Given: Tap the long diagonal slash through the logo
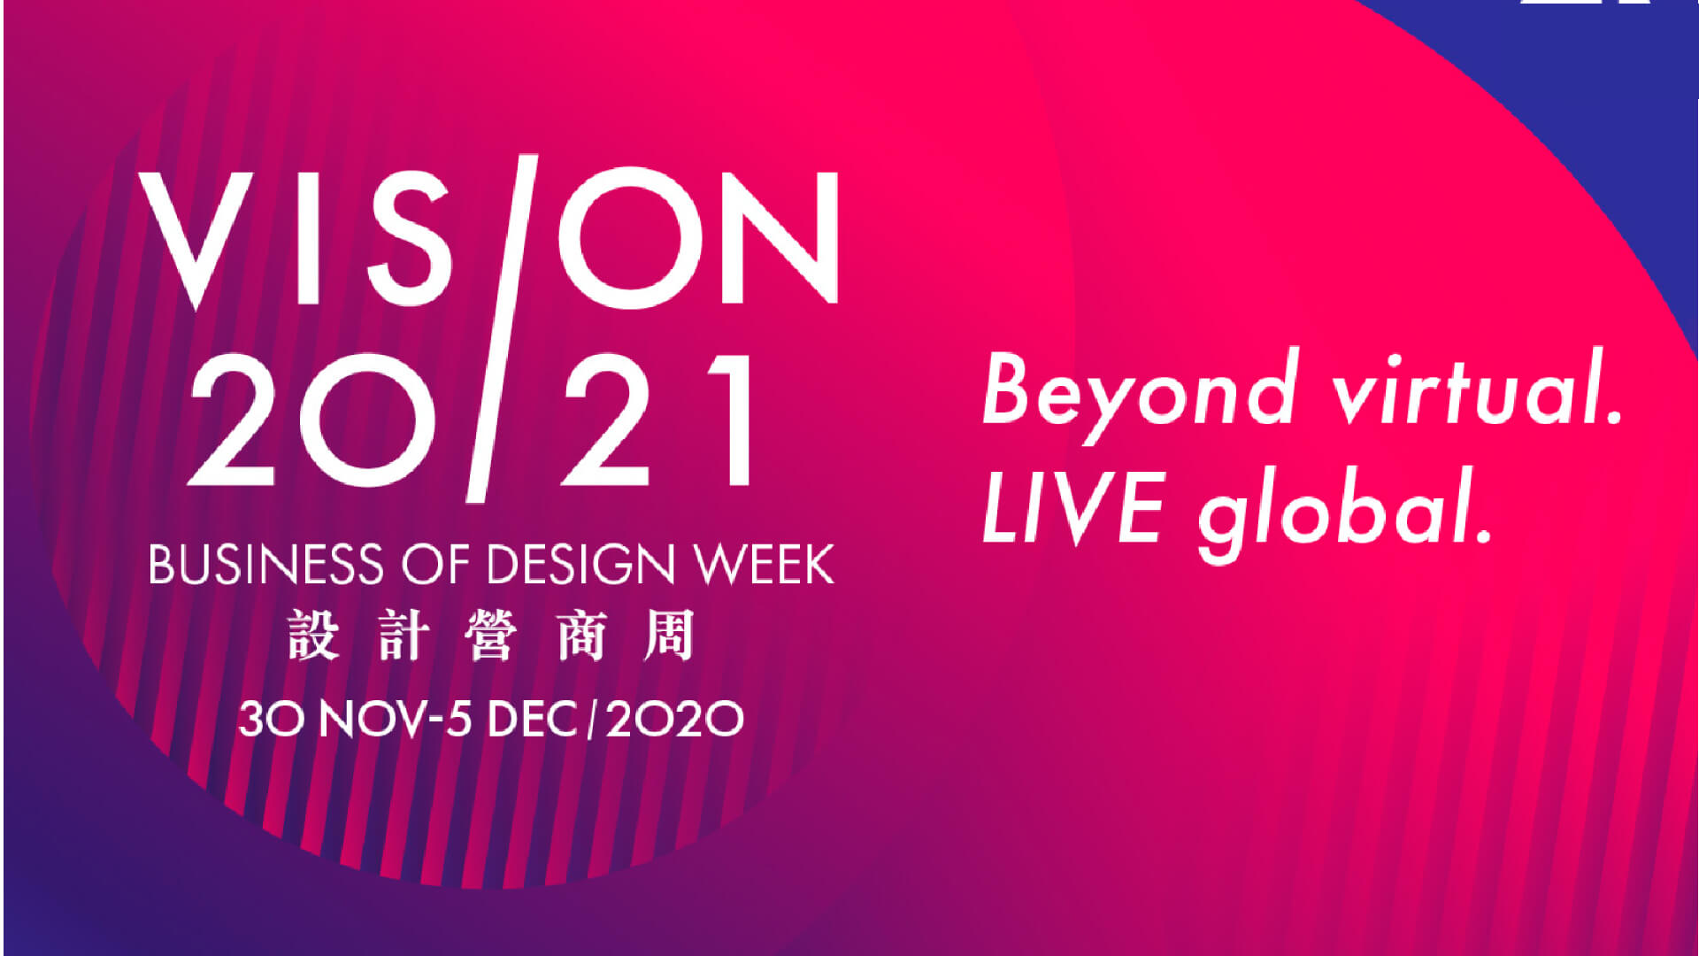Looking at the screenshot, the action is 503,328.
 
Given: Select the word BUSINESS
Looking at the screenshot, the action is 266,564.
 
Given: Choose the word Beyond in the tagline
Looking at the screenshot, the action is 1142,394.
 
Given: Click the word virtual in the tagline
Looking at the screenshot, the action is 1478,389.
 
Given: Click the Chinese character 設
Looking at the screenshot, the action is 313,635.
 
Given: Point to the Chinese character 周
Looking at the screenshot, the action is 669,635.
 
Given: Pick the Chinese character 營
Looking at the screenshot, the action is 489,635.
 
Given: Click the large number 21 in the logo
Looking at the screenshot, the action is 659,420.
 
